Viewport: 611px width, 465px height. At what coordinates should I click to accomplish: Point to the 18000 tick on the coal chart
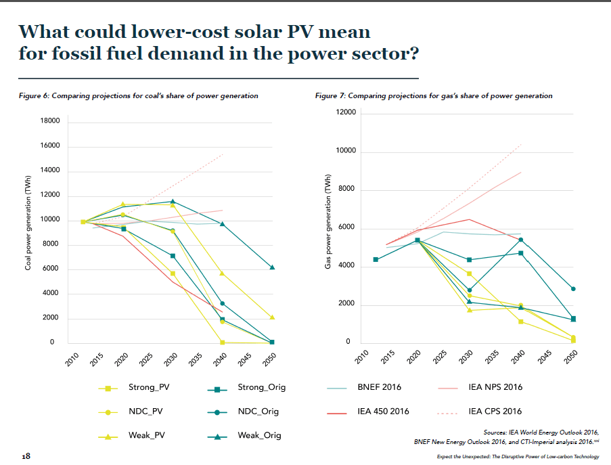pyautogui.click(x=51, y=121)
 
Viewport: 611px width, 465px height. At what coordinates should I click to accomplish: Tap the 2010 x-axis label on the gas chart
pyautogui.click(x=362, y=359)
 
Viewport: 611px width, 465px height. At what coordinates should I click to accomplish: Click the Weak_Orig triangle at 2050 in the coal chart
pyautogui.click(x=272, y=267)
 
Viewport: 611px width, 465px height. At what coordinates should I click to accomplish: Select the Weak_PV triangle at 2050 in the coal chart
pyautogui.click(x=272, y=317)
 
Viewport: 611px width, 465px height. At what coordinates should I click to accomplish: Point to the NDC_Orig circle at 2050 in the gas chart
pyautogui.click(x=573, y=289)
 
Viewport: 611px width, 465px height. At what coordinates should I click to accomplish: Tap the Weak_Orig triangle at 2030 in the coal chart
pyautogui.click(x=173, y=201)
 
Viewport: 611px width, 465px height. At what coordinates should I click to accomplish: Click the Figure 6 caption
pyautogui.click(x=139, y=96)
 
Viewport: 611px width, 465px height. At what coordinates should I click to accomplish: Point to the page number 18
pyautogui.click(x=26, y=456)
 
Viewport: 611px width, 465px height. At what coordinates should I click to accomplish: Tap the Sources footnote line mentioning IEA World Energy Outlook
pyautogui.click(x=541, y=432)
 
